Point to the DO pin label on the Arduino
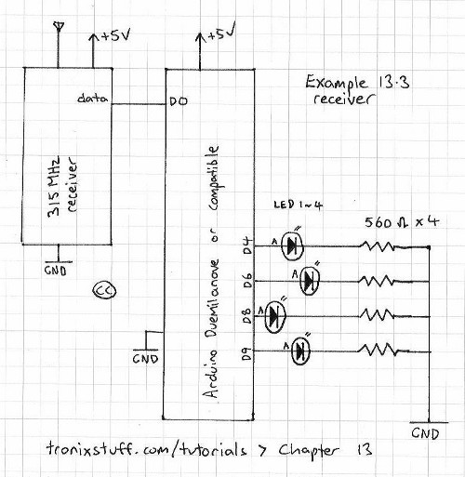pyautogui.click(x=179, y=101)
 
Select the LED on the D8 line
pyautogui.click(x=273, y=316)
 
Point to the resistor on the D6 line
pyautogui.click(x=378, y=281)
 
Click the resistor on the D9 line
pyautogui.click(x=378, y=351)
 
